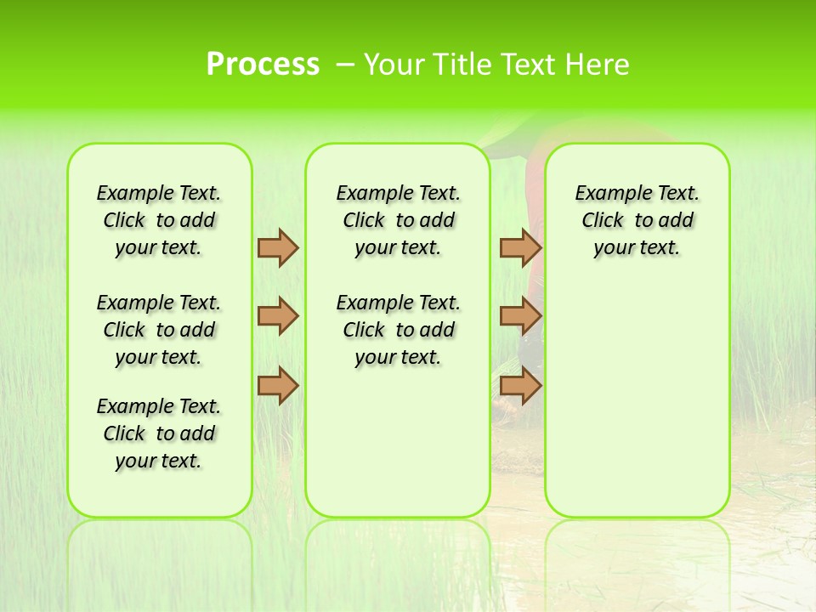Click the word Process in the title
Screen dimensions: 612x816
(x=263, y=64)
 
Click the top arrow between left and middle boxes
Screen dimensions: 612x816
(x=278, y=247)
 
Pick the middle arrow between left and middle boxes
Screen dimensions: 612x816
(x=278, y=316)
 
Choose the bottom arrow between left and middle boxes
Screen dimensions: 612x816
(x=278, y=386)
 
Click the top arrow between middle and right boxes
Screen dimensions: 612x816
(x=520, y=247)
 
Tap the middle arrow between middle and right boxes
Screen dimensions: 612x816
(x=520, y=316)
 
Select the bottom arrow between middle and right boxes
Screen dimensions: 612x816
(x=520, y=386)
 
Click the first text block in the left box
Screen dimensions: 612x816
(x=159, y=220)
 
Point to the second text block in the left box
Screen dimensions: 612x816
(x=159, y=330)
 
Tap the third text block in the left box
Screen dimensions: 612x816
(x=159, y=433)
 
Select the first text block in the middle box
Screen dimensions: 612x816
(x=398, y=220)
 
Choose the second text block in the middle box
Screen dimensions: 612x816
(x=398, y=330)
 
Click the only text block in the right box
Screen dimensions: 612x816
(x=637, y=220)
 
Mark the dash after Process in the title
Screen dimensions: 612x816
(x=345, y=64)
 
